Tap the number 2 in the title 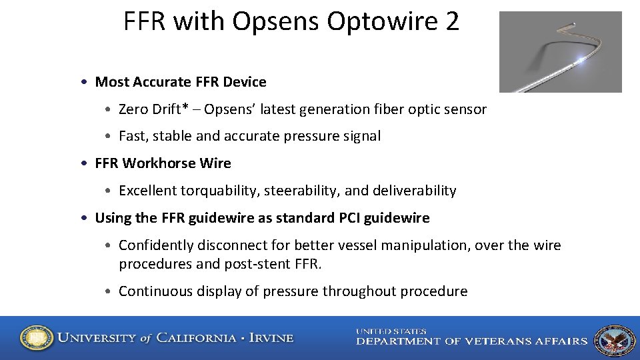click(451, 22)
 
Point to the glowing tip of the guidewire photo click(583, 59)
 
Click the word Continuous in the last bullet click(151, 291)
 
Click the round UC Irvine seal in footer click(37, 338)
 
